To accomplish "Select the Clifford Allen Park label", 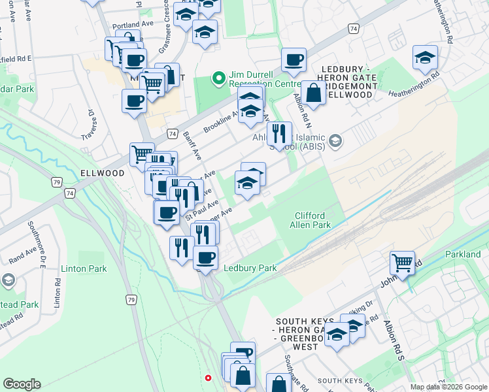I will click(309, 220).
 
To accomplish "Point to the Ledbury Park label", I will click(250, 268).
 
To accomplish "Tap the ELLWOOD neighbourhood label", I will click(102, 173).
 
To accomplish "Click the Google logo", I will click(22, 384).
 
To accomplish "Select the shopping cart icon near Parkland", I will click(402, 263).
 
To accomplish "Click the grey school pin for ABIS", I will click(335, 141).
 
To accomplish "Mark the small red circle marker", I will click(209, 378).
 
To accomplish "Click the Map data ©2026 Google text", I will click(448, 387).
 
